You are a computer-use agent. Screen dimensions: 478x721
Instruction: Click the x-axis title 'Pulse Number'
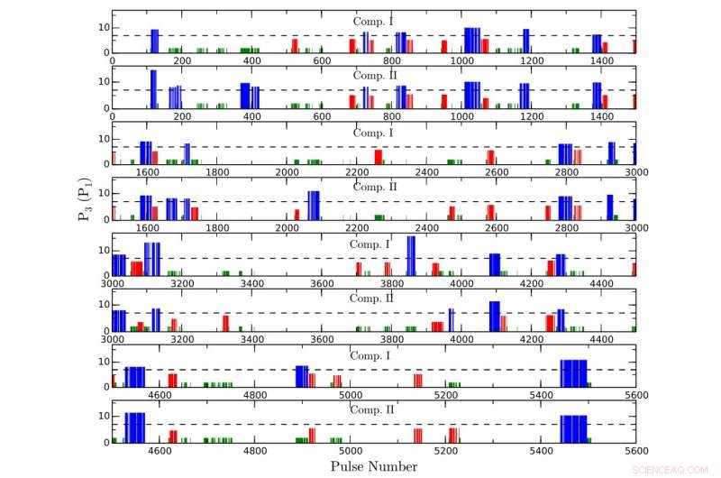point(373,466)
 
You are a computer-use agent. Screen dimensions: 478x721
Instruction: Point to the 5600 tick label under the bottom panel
point(635,452)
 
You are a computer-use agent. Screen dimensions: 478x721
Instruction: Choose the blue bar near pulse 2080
point(314,206)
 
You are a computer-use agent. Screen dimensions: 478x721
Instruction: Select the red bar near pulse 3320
point(225,323)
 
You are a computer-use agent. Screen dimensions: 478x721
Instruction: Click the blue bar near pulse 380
point(245,96)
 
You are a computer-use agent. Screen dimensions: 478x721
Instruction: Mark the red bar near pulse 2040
point(297,215)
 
